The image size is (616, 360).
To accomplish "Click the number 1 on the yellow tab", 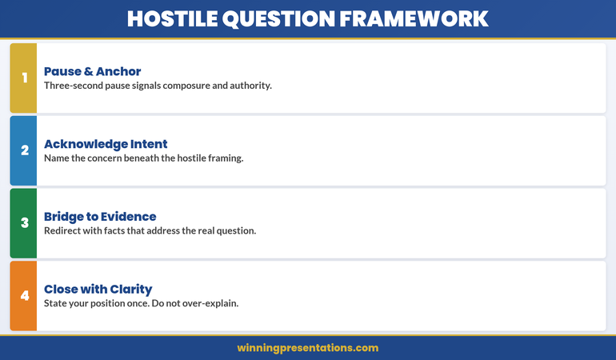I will click(24, 78).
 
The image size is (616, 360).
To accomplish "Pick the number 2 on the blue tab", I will click(24, 150).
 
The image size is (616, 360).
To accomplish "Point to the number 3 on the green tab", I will click(24, 223).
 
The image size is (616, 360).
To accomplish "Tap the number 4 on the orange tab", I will click(24, 296).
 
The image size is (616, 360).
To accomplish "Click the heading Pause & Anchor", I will click(92, 71).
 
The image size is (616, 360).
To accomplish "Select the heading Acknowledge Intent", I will click(106, 144).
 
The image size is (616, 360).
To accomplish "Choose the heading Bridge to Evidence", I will click(100, 216).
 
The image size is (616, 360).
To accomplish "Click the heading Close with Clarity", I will click(98, 289).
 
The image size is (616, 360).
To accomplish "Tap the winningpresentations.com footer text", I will click(308, 348).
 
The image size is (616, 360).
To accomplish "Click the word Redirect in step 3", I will click(63, 230).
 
